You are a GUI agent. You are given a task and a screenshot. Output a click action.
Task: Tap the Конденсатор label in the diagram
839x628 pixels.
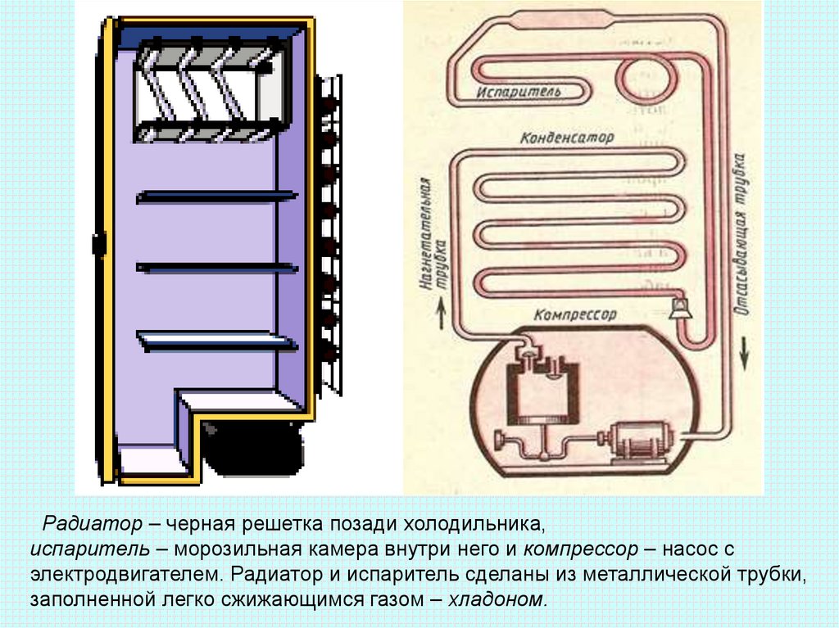(x=566, y=138)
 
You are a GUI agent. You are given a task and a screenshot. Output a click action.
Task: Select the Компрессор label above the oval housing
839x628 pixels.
(x=574, y=314)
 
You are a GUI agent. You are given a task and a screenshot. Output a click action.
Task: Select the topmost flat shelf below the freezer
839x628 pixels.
(x=217, y=197)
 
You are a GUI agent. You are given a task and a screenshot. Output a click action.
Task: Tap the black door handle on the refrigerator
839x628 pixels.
(x=97, y=243)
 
